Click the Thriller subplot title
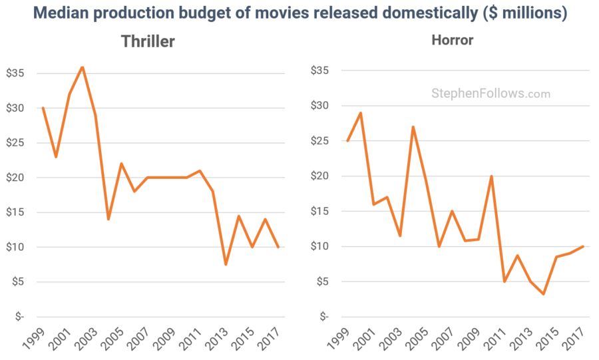click(148, 41)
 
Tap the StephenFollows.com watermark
click(491, 94)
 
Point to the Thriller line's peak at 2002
click(82, 67)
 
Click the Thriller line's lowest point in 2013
click(226, 264)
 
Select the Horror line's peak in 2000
click(360, 113)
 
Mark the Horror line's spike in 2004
click(413, 127)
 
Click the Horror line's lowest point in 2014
click(544, 293)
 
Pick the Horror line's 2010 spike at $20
click(491, 176)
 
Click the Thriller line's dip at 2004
click(108, 219)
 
